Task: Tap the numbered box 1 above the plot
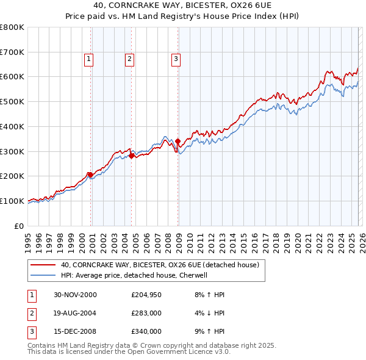pos(89,59)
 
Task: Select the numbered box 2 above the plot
pos(130,59)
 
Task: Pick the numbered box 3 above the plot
pos(176,59)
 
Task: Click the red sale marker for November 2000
pos(91,175)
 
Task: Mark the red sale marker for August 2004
pos(131,156)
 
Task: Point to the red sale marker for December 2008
pos(178,141)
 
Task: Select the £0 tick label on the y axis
pos(20,226)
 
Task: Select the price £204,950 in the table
pos(146,295)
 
